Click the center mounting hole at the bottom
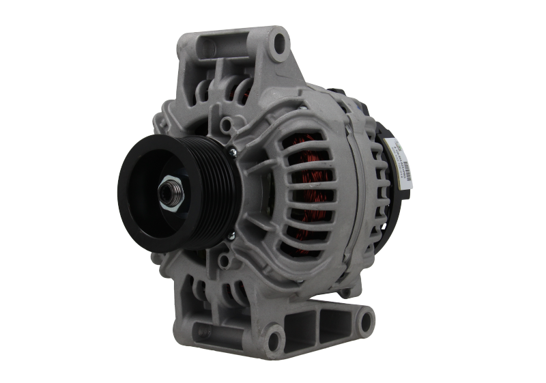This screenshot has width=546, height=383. pyautogui.click(x=273, y=335)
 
